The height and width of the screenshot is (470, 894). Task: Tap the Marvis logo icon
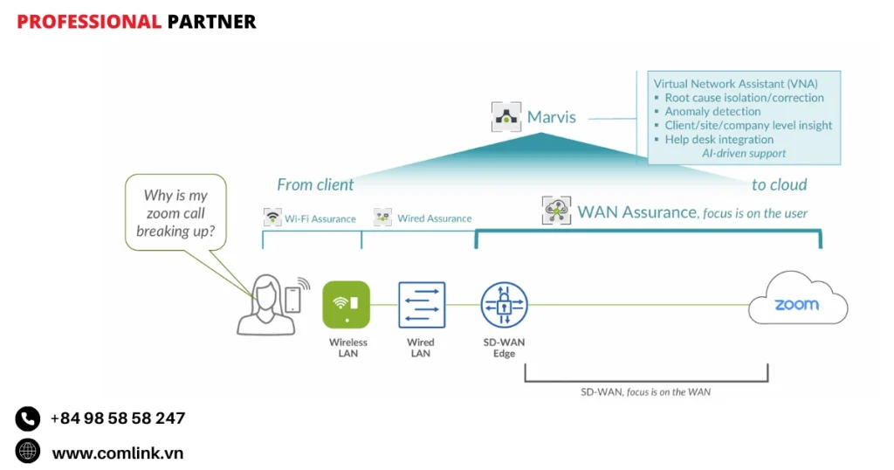[x=505, y=116]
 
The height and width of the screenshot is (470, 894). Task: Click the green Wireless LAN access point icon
[x=347, y=305]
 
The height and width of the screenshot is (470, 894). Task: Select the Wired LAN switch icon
[x=422, y=305]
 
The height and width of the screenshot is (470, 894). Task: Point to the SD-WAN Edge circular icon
[x=504, y=305]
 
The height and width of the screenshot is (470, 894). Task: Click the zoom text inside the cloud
[x=796, y=305]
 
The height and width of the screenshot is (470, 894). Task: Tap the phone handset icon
[x=28, y=418]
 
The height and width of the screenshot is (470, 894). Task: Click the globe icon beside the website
[x=28, y=452]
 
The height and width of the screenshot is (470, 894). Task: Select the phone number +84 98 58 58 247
[x=117, y=418]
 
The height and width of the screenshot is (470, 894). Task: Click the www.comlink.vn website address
[x=118, y=453]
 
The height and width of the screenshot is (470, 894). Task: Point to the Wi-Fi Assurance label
[x=320, y=218]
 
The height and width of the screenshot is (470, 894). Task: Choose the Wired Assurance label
[x=434, y=218]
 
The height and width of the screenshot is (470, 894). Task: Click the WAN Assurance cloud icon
[x=556, y=211]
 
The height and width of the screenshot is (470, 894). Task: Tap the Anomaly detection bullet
[x=712, y=112]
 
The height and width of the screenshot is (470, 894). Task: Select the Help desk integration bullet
[x=719, y=140]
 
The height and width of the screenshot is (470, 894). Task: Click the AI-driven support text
[x=744, y=154]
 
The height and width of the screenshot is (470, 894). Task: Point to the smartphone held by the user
[x=293, y=299]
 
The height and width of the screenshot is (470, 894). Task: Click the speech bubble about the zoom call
[x=175, y=213]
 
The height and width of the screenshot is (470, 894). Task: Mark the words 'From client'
[x=315, y=185]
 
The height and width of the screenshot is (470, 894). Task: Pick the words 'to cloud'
[x=779, y=185]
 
